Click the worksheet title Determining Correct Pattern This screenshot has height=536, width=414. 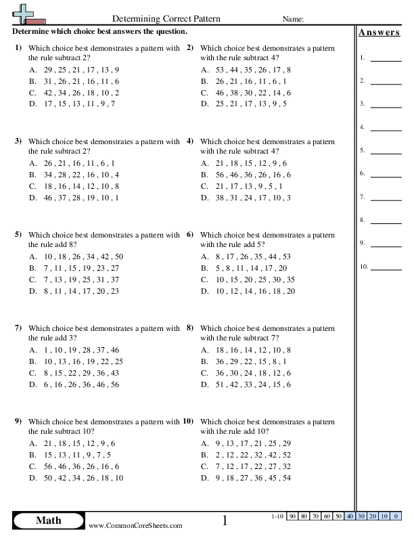click(165, 19)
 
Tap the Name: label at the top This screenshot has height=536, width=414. click(292, 19)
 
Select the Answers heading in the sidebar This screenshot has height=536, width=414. click(379, 32)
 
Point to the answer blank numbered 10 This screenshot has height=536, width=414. click(386, 267)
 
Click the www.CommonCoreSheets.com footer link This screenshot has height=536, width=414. click(135, 526)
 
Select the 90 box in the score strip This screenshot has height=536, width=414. click(292, 517)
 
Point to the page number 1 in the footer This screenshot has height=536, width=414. click(225, 520)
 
